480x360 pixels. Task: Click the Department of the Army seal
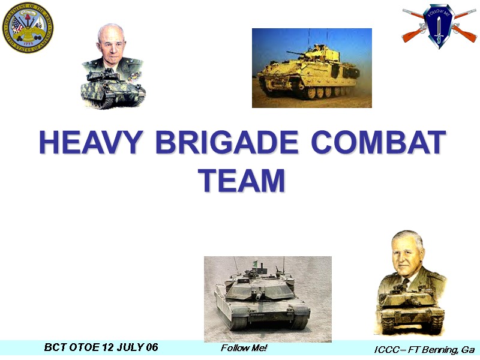(x=28, y=28)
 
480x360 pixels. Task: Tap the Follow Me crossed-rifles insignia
(x=439, y=25)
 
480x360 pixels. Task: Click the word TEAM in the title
(x=241, y=179)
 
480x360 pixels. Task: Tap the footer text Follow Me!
(x=244, y=348)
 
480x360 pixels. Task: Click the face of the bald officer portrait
(x=111, y=43)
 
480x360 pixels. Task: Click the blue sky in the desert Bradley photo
(x=282, y=39)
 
